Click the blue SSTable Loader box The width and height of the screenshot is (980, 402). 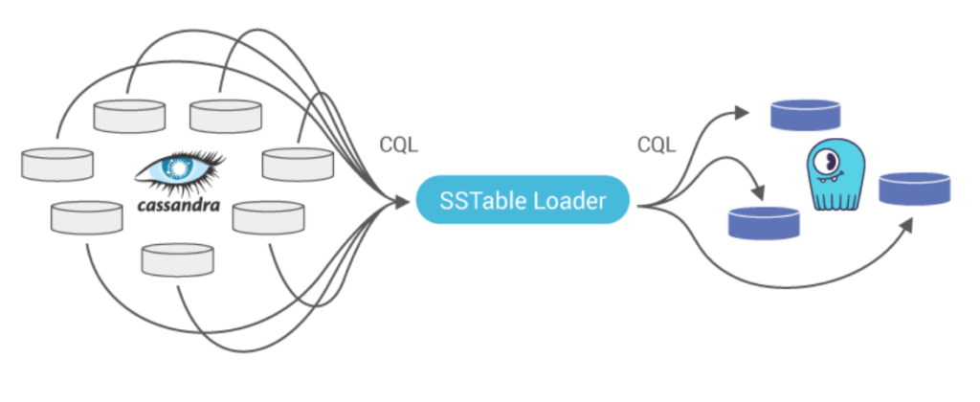(523, 199)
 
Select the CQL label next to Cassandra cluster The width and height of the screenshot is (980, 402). (399, 145)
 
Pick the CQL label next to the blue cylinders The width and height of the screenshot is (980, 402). (657, 145)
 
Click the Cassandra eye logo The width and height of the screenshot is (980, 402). (179, 167)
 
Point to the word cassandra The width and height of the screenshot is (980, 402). (179, 205)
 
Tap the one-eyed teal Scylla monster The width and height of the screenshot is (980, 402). (835, 174)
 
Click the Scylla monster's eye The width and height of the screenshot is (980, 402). (828, 162)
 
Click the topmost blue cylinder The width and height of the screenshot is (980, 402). (805, 115)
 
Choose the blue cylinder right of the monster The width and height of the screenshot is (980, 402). (914, 189)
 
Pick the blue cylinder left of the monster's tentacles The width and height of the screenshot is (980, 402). (764, 223)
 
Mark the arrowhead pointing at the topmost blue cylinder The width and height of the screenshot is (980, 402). (742, 113)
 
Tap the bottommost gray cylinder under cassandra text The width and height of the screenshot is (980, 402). (177, 260)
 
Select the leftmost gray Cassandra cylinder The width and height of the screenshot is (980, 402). (57, 165)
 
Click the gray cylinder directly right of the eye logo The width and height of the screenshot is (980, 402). (298, 165)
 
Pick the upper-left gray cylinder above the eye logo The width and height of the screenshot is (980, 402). (129, 116)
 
